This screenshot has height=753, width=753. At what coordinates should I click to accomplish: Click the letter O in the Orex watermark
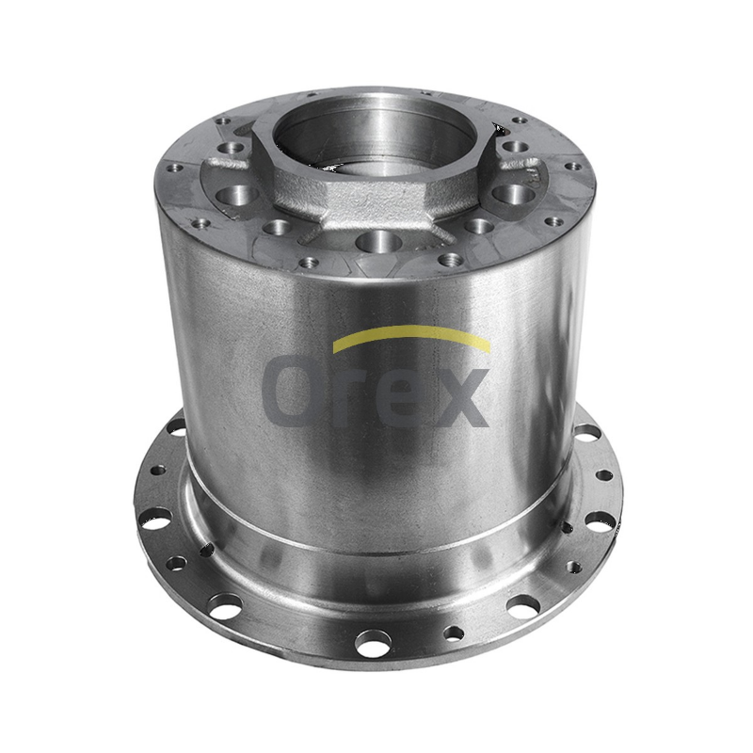[292, 391]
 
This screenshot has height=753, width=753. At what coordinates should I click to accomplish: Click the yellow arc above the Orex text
[411, 332]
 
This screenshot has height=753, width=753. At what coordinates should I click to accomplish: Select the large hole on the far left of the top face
[239, 195]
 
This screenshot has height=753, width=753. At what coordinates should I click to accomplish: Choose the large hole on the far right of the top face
[515, 195]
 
